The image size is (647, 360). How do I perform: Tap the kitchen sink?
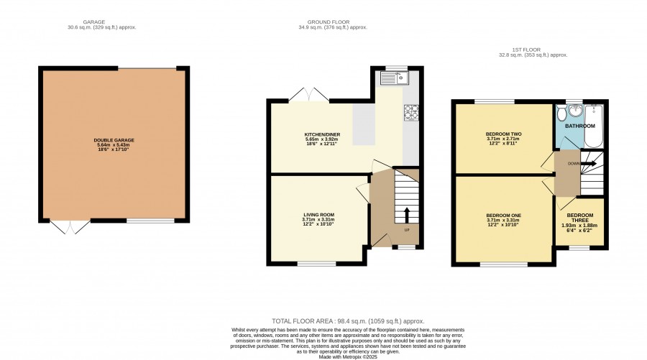[x=394, y=78]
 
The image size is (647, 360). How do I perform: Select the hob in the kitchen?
[x=411, y=112]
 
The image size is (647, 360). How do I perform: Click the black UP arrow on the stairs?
[x=406, y=215]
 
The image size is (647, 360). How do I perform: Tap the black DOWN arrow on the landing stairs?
[x=588, y=164]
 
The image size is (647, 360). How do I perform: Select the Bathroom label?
[x=579, y=126]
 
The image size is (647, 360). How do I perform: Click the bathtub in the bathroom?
[x=594, y=126]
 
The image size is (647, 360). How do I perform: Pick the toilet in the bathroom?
[x=561, y=112]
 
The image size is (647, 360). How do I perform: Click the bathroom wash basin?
[x=575, y=110]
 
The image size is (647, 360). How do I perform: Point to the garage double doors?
[x=70, y=227]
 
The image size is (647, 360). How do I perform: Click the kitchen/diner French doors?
[x=309, y=94]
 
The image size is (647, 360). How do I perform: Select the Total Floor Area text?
[x=348, y=321]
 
